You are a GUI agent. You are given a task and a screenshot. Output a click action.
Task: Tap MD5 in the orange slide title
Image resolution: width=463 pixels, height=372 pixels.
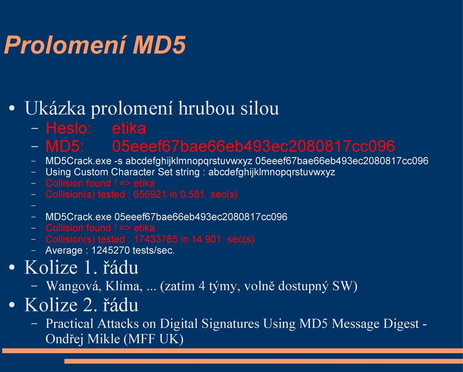pyautogui.click(x=159, y=44)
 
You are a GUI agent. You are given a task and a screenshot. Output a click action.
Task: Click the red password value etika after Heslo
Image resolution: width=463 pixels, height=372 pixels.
pyautogui.click(x=129, y=128)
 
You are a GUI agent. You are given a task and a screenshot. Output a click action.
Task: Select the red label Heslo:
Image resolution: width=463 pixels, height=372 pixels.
pyautogui.click(x=69, y=128)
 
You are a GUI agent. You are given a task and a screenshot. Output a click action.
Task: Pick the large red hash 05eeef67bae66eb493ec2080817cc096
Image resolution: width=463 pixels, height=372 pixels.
pyautogui.click(x=253, y=146)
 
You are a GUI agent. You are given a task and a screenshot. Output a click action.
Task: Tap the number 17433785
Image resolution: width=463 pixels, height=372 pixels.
pyautogui.click(x=156, y=239)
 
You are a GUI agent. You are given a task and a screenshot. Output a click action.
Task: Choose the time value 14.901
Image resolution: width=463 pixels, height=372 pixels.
pyautogui.click(x=206, y=239)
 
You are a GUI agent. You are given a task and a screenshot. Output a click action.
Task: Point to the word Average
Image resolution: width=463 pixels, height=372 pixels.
pyautogui.click(x=64, y=251)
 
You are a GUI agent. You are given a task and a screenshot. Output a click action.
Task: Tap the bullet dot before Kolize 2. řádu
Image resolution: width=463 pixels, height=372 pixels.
pyautogui.click(x=12, y=305)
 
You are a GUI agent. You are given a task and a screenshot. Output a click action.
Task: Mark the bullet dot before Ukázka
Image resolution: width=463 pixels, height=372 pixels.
pyautogui.click(x=12, y=108)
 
